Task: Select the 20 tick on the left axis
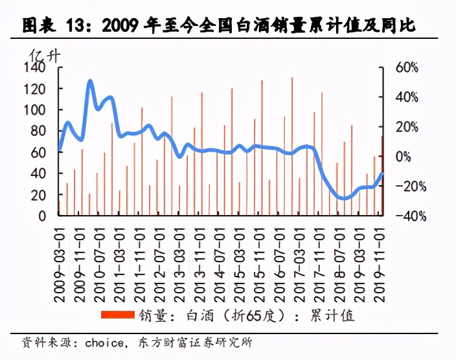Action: [39, 194]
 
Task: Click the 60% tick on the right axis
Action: [407, 67]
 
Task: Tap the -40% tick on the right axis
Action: [405, 216]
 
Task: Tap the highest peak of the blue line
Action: [90, 82]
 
